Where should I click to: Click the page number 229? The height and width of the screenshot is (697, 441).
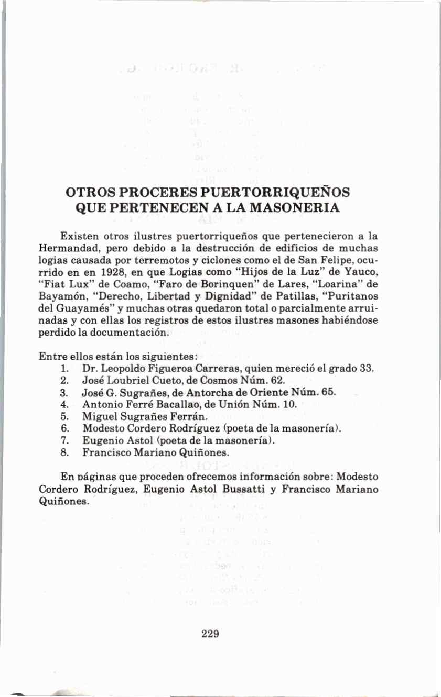pos(210,634)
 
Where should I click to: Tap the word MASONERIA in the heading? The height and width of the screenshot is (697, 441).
pos(296,207)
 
